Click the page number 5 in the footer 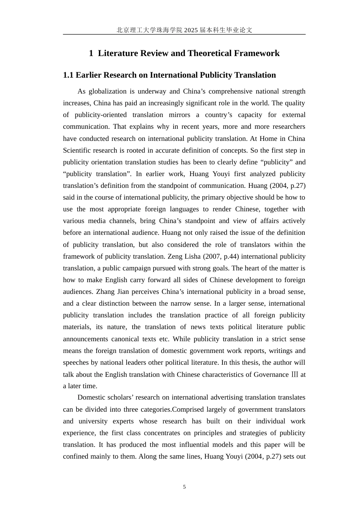[185, 487]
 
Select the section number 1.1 [68, 75]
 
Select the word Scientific [78, 150]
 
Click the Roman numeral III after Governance [294, 375]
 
